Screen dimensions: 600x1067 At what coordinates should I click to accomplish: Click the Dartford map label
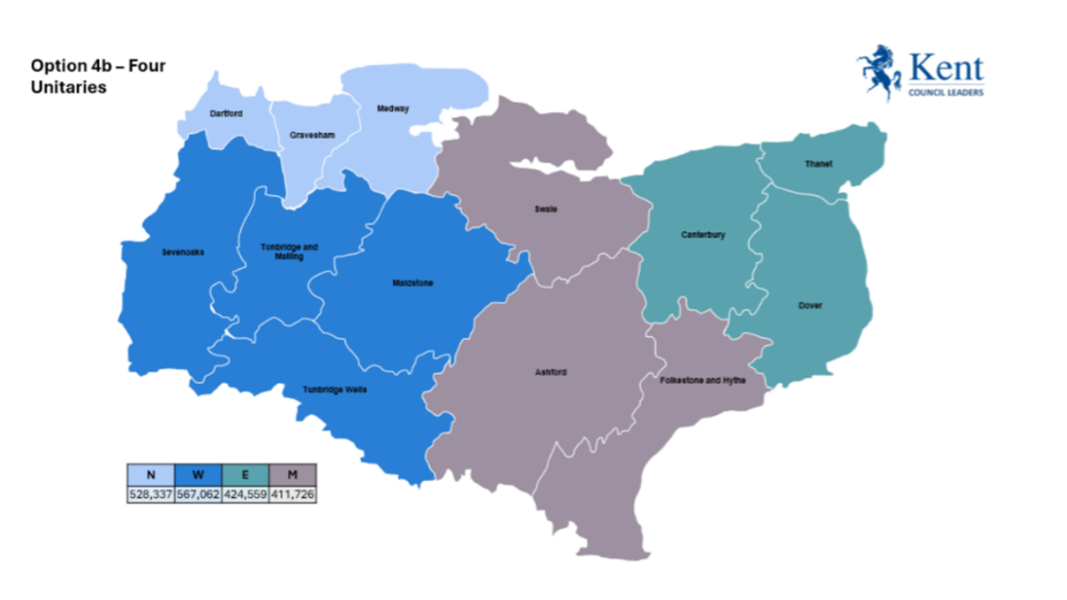(x=226, y=113)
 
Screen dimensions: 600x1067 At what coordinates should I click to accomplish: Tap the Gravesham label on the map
(x=307, y=134)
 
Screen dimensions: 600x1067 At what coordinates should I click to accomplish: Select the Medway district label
(x=393, y=108)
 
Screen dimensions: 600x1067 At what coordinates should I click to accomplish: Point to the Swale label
(x=545, y=209)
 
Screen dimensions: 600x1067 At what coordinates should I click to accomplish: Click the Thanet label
(x=818, y=164)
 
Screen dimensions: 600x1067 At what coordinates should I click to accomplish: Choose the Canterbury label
(x=703, y=235)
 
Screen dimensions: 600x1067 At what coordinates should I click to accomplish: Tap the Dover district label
(x=809, y=306)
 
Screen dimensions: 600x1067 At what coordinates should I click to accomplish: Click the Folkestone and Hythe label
(x=703, y=380)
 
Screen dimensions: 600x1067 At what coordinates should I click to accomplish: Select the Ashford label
(x=550, y=372)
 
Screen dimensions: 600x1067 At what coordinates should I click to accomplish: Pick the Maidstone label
(x=413, y=283)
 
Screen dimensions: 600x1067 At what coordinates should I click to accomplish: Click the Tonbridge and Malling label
(x=289, y=252)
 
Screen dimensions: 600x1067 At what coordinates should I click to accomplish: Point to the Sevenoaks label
(x=183, y=252)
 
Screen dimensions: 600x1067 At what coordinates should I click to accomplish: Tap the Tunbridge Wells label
(x=334, y=389)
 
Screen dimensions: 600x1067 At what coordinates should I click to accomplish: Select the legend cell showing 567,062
(x=198, y=494)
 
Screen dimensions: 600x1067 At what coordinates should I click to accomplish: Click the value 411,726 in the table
(x=293, y=494)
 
